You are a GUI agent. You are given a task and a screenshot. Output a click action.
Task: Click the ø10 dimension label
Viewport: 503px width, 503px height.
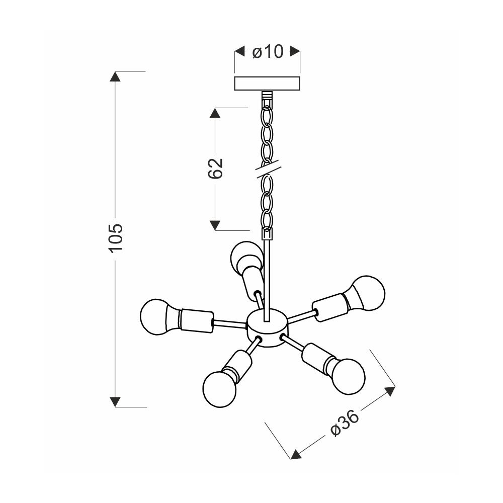pos(268,51)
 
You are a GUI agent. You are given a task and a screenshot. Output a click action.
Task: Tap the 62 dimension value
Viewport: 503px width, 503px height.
pos(215,168)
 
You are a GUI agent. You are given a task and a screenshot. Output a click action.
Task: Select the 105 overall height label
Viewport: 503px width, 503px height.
pos(116,238)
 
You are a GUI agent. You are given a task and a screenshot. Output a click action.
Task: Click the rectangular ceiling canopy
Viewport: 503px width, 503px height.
pos(267,83)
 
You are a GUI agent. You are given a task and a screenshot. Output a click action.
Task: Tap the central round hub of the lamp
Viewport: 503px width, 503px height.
pos(268,328)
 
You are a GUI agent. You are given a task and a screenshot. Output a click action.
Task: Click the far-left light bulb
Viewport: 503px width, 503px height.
pos(155,317)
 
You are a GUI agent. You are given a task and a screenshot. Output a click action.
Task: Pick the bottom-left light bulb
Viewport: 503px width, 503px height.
pos(219,388)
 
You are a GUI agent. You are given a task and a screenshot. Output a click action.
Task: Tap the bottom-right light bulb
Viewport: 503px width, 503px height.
pos(348,374)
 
